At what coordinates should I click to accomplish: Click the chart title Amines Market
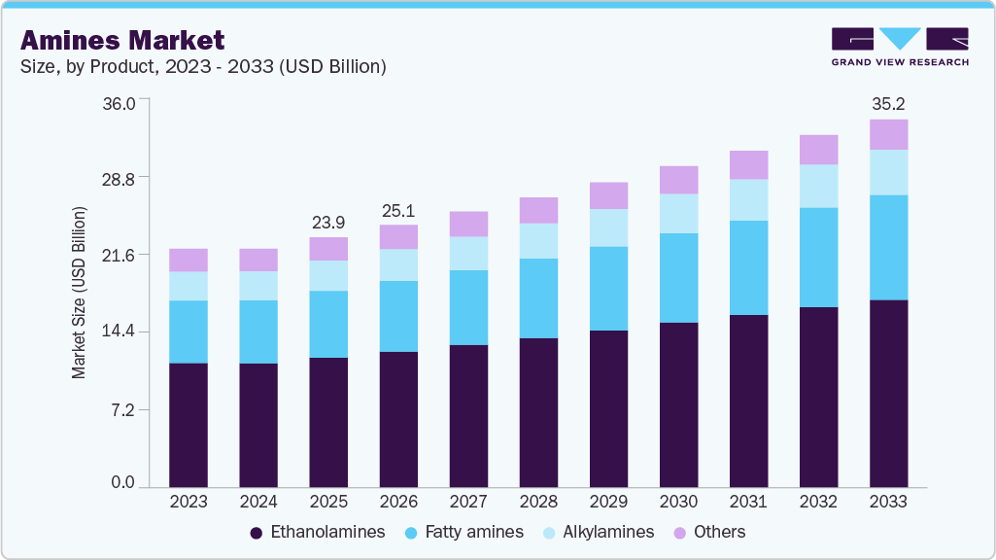pos(122,40)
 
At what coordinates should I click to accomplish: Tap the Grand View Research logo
pos(899,46)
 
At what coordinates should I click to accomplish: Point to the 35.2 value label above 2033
pos(888,103)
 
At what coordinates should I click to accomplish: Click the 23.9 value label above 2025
pos(328,222)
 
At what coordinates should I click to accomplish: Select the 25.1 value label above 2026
pos(398,210)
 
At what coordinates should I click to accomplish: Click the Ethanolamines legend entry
pos(318,532)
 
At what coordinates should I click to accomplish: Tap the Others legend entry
pos(708,532)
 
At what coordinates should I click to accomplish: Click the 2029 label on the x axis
pos(608,502)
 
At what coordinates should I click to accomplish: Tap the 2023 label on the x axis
pos(189,502)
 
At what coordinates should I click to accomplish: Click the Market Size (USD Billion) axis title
pos(79,293)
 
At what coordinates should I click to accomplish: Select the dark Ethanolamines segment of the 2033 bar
pos(888,393)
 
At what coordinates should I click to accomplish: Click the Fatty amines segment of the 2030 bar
pos(678,277)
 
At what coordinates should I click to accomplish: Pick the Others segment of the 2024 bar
pos(258,260)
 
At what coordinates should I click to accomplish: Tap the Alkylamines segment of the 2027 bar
pos(468,253)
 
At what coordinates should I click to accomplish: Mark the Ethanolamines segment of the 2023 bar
pos(189,424)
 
